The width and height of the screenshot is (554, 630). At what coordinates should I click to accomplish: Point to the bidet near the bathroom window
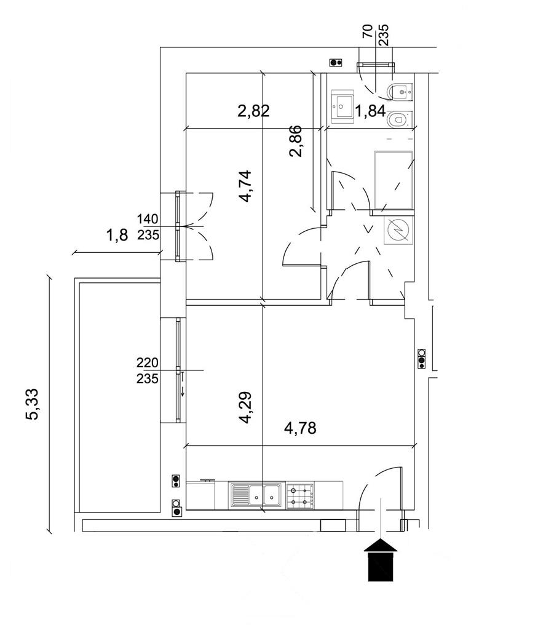(400, 92)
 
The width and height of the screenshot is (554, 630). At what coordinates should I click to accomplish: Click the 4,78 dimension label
(300, 428)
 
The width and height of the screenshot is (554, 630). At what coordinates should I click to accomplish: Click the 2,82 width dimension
(253, 111)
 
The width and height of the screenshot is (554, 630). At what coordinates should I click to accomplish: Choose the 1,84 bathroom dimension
(370, 111)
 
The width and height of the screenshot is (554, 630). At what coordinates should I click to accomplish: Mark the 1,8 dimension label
(117, 235)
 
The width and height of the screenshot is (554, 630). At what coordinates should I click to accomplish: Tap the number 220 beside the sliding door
(148, 363)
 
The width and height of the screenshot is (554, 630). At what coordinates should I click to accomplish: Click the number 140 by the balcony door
(148, 219)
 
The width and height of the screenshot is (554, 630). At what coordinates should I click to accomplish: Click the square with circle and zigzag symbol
(398, 230)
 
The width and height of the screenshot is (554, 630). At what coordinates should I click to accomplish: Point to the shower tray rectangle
(394, 180)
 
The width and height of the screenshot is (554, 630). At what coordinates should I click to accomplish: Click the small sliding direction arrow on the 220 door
(183, 385)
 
